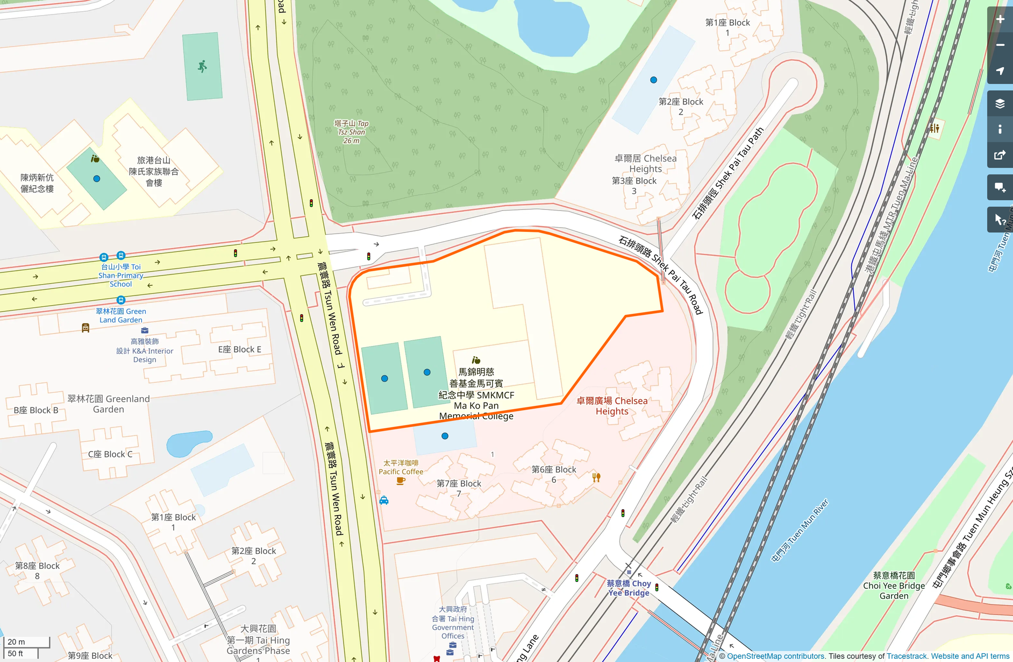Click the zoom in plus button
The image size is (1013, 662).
(1000, 19)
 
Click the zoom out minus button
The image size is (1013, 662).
(1000, 45)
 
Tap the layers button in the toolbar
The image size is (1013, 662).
(1000, 103)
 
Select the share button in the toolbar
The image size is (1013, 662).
(1000, 155)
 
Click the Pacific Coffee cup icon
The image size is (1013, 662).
(400, 481)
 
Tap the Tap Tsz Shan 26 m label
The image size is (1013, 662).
(351, 132)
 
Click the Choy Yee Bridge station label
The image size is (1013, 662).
(629, 588)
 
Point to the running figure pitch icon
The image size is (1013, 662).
(202, 67)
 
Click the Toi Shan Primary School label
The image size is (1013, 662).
(120, 275)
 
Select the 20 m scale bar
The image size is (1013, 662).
(27, 642)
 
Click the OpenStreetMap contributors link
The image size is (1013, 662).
(775, 656)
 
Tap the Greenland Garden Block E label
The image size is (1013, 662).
(239, 349)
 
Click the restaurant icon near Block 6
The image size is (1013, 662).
(596, 477)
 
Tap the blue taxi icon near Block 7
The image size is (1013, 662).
(384, 501)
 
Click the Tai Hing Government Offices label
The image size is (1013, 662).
(453, 622)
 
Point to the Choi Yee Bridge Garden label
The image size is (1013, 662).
(894, 586)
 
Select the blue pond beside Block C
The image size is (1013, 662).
(187, 442)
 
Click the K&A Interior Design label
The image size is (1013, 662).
(145, 350)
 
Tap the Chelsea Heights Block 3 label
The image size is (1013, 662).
(634, 186)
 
